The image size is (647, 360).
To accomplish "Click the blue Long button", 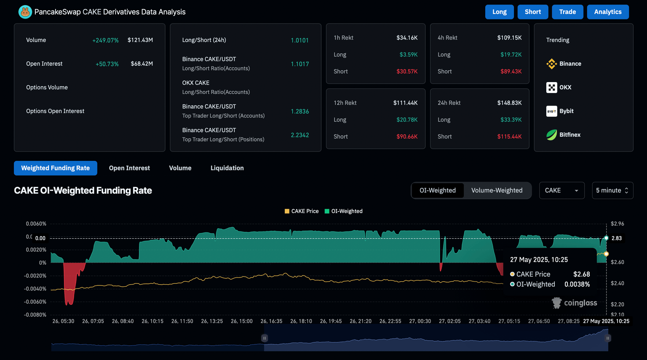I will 499,12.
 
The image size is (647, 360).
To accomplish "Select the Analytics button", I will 607,12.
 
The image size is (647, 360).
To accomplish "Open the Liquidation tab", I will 227,168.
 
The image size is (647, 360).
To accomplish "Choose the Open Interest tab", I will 129,168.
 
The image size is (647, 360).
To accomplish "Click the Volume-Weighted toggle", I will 497,190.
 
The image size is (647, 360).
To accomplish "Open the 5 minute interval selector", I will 612,190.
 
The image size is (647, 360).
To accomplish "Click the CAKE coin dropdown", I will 561,190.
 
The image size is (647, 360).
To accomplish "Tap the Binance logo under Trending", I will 551,64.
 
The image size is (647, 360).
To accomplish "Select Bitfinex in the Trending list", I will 569,135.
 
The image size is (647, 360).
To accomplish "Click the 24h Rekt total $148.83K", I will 509,103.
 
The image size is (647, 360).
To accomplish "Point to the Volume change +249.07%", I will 105,40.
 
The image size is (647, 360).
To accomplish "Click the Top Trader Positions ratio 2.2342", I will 299,135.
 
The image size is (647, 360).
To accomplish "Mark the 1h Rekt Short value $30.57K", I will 407,72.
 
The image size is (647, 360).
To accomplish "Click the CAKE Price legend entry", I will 302,211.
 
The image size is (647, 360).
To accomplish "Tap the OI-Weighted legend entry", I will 344,211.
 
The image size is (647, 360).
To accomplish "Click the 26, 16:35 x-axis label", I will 271,321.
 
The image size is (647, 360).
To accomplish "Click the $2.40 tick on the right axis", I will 617,283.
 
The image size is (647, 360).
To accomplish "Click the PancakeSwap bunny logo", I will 25,12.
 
